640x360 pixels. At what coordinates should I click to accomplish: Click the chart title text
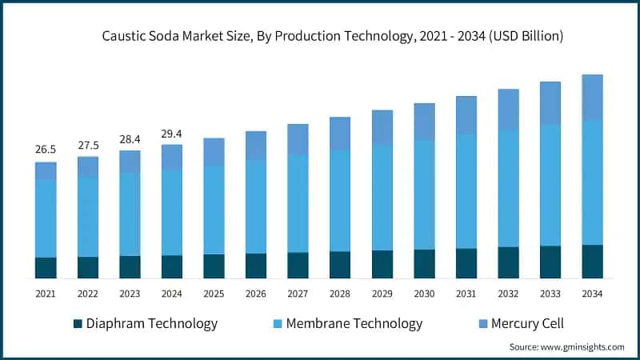[x=333, y=36]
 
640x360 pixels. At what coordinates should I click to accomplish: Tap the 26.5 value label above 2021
[x=46, y=150]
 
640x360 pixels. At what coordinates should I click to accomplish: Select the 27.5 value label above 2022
[x=87, y=145]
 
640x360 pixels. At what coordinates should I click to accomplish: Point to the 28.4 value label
[x=130, y=139]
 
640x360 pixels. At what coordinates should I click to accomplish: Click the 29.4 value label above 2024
[x=171, y=134]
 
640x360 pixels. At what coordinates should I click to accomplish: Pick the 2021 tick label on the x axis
[x=46, y=294]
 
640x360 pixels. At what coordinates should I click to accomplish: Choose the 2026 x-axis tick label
[x=256, y=294]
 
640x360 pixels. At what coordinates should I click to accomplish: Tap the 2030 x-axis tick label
[x=424, y=294]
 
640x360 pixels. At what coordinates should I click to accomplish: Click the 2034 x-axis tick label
[x=592, y=294]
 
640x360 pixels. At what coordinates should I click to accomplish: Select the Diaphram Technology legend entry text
[x=151, y=324]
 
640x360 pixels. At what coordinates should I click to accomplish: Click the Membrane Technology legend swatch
[x=277, y=324]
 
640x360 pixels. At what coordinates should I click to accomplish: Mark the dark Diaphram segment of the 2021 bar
[x=46, y=268]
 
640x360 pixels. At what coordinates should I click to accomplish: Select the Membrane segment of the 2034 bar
[x=592, y=182]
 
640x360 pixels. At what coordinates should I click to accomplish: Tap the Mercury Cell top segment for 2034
[x=592, y=98]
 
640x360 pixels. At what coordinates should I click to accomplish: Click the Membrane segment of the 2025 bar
[x=214, y=210]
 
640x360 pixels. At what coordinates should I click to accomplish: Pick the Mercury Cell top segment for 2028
[x=340, y=134]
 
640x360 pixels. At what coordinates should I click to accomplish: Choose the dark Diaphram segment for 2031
[x=466, y=263]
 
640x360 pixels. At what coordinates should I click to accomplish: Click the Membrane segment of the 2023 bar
[x=130, y=214]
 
